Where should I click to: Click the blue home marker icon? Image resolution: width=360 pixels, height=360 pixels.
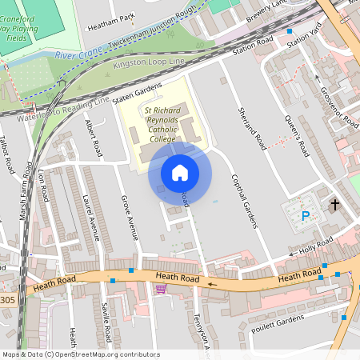180,172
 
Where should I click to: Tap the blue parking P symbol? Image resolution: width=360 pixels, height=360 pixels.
305,215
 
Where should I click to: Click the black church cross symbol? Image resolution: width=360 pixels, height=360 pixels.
334,206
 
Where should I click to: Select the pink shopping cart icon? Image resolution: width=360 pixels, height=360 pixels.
161,289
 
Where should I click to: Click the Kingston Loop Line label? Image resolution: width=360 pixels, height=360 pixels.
149,62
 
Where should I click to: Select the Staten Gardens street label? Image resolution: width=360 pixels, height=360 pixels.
138,93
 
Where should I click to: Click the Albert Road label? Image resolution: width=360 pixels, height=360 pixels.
94,138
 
